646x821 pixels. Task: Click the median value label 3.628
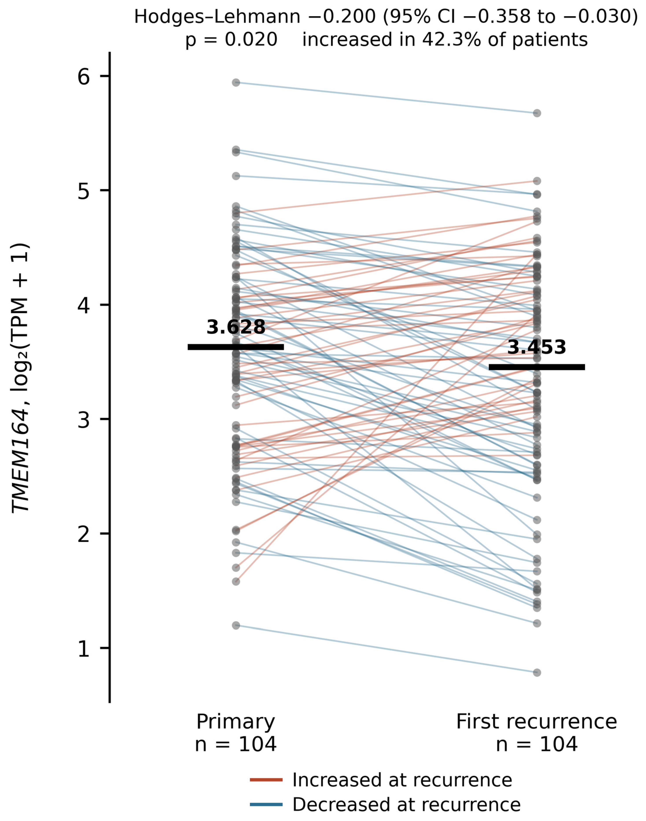tap(236, 327)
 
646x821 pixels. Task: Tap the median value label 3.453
tap(537, 347)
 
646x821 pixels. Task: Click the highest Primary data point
tap(236, 82)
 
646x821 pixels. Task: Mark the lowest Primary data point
tap(236, 626)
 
